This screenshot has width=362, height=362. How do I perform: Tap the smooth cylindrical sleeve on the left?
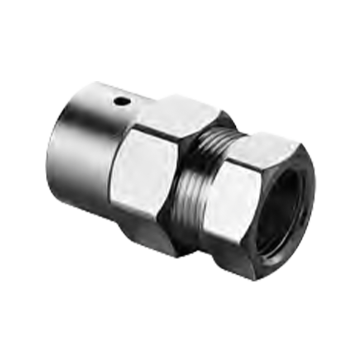(81, 149)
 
